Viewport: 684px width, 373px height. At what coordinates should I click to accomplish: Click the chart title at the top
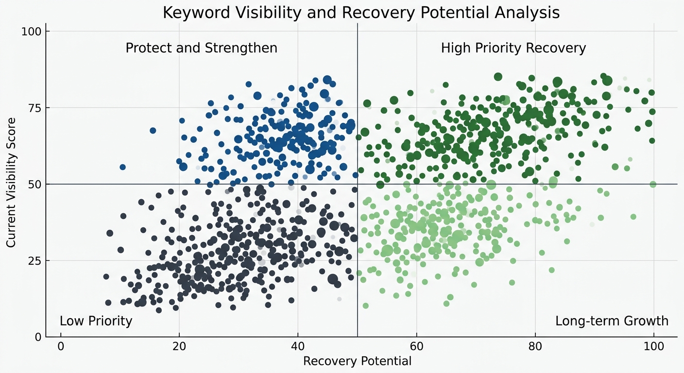pos(361,13)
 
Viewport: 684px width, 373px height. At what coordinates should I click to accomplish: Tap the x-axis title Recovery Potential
pos(357,361)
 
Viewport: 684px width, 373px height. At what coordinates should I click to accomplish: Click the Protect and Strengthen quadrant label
pos(201,48)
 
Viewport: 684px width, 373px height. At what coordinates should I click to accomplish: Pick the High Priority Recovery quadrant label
pos(513,48)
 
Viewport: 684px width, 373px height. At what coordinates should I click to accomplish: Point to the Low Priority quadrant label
pos(96,321)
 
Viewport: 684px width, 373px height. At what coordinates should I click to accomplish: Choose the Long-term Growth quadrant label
pos(612,321)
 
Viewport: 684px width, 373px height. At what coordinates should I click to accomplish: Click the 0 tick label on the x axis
pos(61,347)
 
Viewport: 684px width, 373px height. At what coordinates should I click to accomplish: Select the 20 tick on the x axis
pos(179,347)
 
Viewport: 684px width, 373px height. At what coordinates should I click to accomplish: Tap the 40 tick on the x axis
pos(298,347)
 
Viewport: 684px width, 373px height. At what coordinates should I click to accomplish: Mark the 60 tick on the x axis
pos(416,347)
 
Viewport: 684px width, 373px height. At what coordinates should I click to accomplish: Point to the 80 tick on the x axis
pos(535,347)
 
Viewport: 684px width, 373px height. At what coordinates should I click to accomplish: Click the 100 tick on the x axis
pos(653,347)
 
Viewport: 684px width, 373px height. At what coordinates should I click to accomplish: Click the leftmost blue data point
pos(122,167)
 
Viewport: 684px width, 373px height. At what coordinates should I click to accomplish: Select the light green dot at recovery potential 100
pos(653,184)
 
